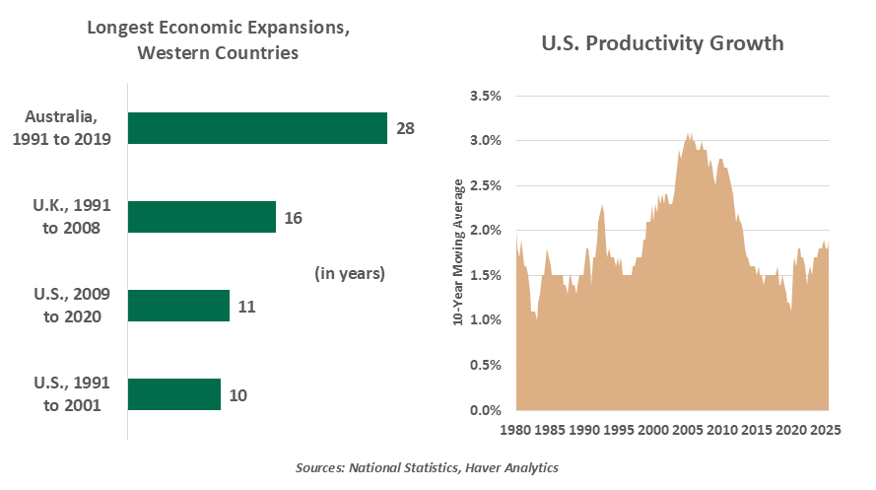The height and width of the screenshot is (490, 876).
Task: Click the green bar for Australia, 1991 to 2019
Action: coord(257,128)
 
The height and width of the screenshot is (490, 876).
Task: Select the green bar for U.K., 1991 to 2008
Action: coord(202,217)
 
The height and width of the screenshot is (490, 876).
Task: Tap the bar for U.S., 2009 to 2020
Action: coord(178,306)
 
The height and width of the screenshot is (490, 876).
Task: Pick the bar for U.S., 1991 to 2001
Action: coord(174,394)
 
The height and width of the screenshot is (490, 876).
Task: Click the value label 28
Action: coord(405,128)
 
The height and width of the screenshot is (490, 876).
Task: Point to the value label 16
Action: coord(293,217)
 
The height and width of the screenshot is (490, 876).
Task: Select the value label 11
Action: coord(246,306)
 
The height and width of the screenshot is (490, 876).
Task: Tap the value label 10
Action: coord(237,394)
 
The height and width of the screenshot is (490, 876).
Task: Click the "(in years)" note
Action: coord(350,272)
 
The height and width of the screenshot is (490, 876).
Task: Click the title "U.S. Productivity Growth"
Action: coord(663,43)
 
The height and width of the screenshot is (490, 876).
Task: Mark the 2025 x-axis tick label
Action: coord(826,431)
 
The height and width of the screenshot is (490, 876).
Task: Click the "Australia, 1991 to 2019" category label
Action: coord(62,128)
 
